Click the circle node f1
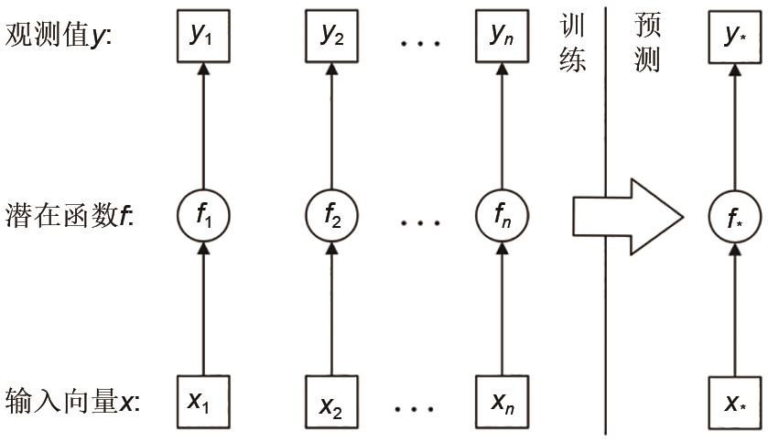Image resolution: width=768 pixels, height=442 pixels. click(203, 217)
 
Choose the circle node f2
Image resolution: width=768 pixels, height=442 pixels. click(330, 217)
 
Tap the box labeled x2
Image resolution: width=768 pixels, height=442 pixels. click(330, 404)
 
